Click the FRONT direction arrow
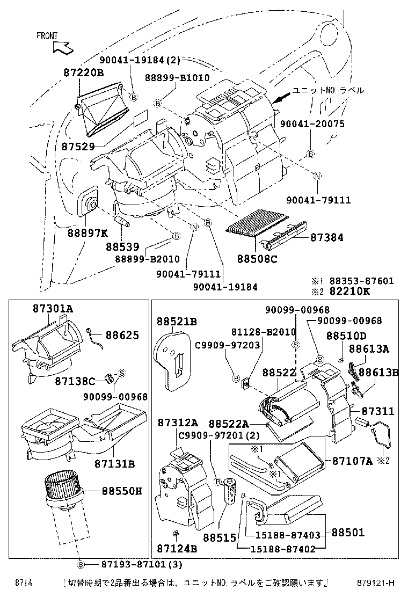(62, 47)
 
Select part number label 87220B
(83, 72)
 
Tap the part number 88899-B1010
(177, 78)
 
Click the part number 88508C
(257, 259)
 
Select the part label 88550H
(121, 491)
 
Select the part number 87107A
(352, 461)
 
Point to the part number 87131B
(114, 463)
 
